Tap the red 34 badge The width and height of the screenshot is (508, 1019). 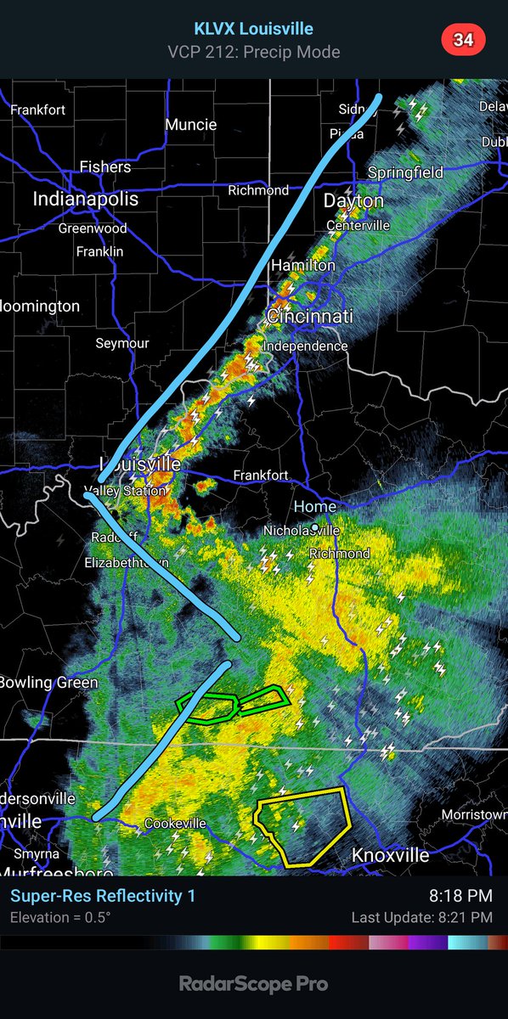point(462,39)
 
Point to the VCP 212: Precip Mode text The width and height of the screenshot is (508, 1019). point(254,53)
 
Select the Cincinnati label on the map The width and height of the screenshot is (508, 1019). point(309,316)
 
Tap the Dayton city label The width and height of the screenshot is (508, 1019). point(353,201)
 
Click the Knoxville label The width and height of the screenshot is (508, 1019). point(390,854)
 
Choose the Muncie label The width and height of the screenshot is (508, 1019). point(190,124)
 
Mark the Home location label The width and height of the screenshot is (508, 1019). point(315,506)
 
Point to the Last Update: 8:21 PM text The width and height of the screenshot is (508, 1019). point(421,917)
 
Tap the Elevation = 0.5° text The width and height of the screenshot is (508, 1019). point(59,917)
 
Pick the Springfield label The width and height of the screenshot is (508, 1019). point(405,172)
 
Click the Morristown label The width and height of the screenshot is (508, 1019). point(474,814)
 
